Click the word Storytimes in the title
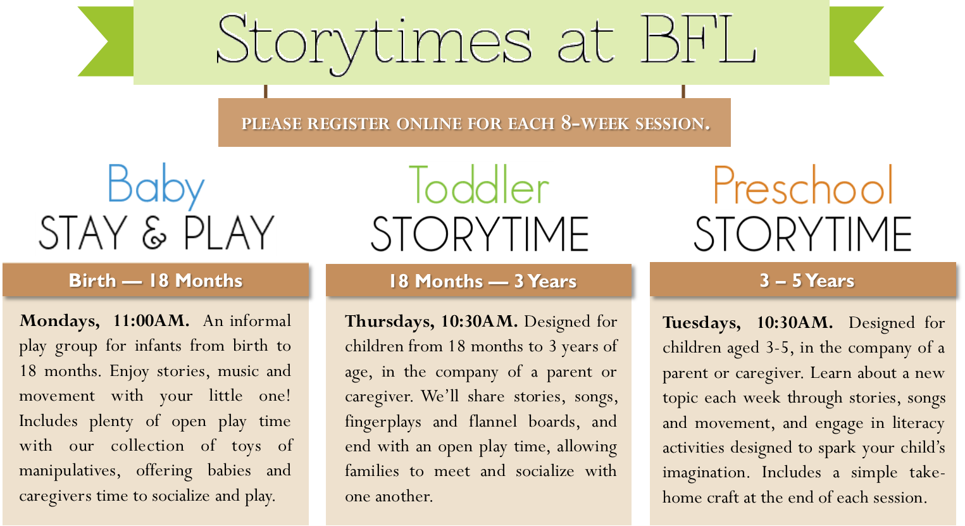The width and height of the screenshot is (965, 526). click(x=374, y=44)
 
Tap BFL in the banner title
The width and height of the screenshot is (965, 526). click(x=699, y=39)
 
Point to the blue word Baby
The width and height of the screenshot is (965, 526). click(x=156, y=187)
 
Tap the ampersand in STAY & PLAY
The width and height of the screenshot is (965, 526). click(x=154, y=233)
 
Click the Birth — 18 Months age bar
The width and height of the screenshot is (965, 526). click(x=156, y=280)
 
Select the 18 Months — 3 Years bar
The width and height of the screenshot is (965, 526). click(x=478, y=280)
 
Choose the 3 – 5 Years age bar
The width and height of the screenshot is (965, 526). click(x=803, y=280)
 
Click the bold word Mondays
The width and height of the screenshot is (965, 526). click(x=59, y=322)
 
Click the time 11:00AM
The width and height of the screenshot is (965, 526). click(x=151, y=321)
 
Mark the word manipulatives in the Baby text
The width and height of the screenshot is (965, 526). click(x=70, y=471)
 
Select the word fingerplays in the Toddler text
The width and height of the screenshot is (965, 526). click(x=383, y=422)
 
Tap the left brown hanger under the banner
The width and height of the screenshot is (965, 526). click(x=265, y=91)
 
